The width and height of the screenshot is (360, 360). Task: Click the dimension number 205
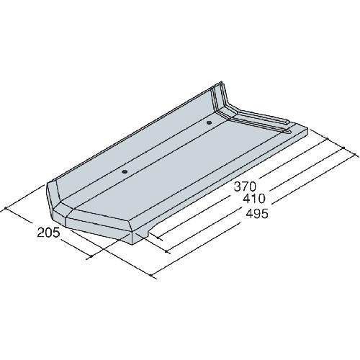coord(48,233)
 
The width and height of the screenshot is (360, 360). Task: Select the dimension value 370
coord(246,186)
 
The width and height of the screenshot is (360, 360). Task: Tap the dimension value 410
coord(254,199)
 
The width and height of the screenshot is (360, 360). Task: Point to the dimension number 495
coord(257,213)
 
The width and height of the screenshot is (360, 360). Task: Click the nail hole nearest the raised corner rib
coord(209,122)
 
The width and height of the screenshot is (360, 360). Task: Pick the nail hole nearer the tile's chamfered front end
coord(125,172)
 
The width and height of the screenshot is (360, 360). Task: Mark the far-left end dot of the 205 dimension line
coord(6,208)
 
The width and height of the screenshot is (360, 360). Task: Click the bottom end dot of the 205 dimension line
coord(91,257)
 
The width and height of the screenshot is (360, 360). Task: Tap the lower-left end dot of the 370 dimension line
coord(158,238)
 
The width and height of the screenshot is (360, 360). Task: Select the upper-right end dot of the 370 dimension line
coord(328,139)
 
